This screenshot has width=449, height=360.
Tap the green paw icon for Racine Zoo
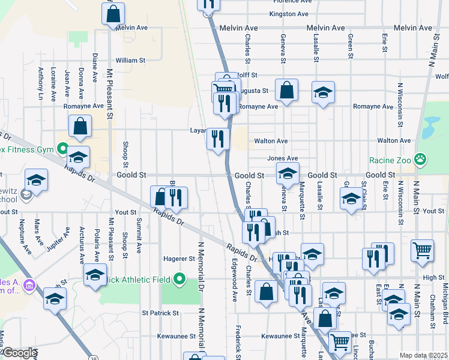coord(423,160)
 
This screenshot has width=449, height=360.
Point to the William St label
coord(130,61)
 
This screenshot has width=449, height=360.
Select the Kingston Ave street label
coord(289,14)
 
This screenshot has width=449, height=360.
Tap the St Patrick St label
coord(160,313)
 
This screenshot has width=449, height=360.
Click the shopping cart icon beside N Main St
coord(423,250)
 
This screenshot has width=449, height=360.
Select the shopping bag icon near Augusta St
coord(287,91)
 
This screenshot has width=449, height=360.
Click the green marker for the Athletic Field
coord(179,278)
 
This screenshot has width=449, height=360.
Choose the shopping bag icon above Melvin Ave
coord(113,12)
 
